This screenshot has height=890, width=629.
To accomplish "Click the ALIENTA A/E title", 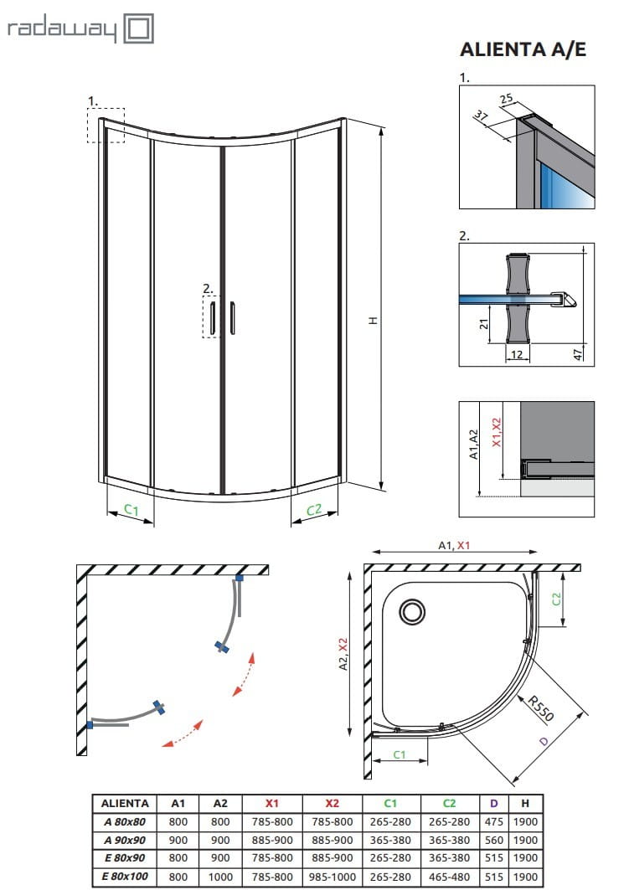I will tap(523, 49).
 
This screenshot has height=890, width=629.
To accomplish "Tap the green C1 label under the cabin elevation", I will tap(131, 508).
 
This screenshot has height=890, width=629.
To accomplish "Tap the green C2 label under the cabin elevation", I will tap(313, 510).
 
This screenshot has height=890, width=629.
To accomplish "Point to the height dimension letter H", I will tap(374, 319).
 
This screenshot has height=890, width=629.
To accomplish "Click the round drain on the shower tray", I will tap(412, 611).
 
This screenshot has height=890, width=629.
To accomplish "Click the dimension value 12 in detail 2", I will tap(516, 354).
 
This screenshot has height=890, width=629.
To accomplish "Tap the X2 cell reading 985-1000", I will tap(332, 877).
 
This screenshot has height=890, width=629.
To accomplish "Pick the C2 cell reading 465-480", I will tap(450, 877).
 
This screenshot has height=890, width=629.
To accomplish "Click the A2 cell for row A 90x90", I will tap(219, 840).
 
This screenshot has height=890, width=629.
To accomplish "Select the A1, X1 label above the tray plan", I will tap(455, 545).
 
